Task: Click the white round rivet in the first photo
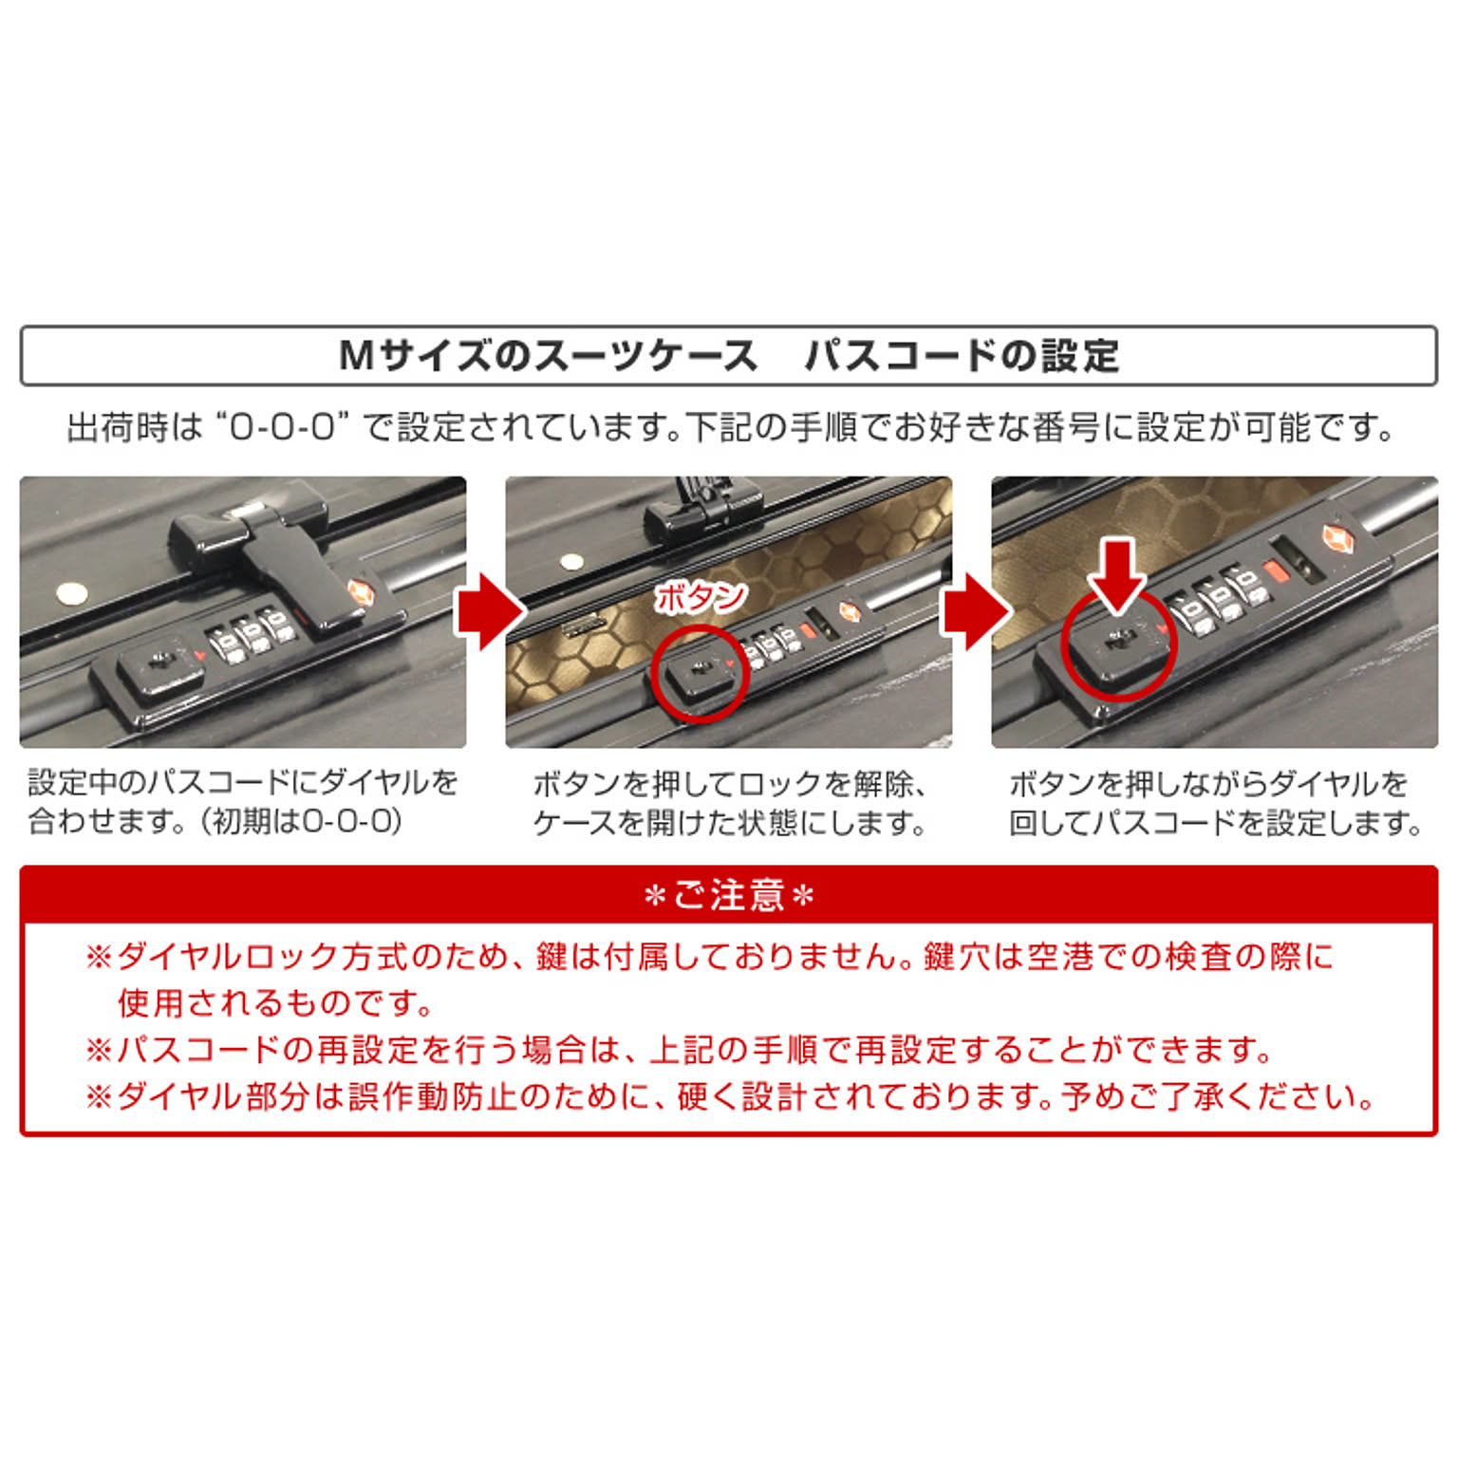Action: point(72,595)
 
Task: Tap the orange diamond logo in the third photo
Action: point(1338,539)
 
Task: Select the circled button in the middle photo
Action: point(701,672)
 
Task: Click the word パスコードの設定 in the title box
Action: point(962,357)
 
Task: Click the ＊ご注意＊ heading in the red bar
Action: point(729,895)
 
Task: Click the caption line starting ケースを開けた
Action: point(729,822)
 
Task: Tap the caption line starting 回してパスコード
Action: point(1215,822)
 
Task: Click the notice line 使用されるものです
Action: point(276,1002)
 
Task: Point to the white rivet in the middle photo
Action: point(571,561)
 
